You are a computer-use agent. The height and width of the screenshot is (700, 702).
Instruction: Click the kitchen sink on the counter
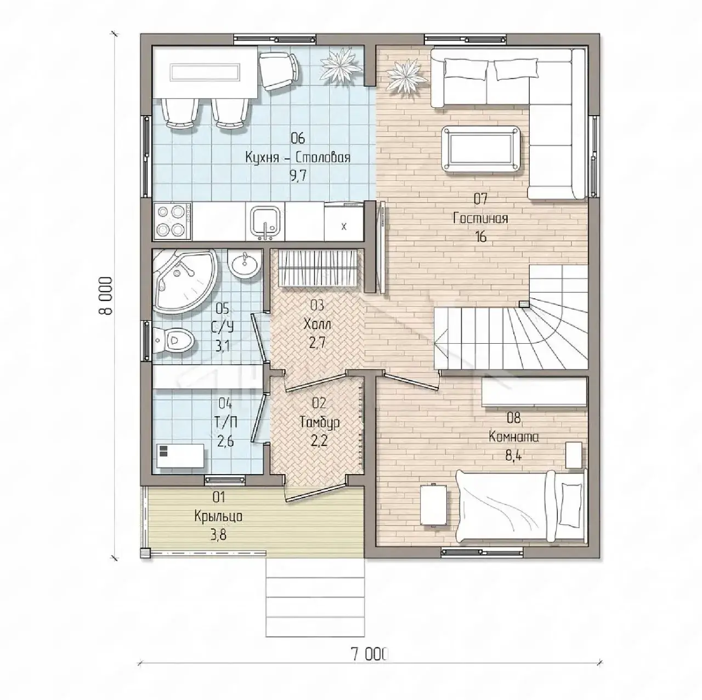tap(265, 222)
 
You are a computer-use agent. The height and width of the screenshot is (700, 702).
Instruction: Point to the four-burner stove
tap(173, 221)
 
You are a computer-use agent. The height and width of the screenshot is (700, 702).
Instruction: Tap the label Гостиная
tap(480, 219)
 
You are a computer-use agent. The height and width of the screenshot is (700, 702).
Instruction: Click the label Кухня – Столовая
tap(298, 158)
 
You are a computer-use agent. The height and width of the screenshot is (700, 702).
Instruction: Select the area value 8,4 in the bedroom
tap(513, 456)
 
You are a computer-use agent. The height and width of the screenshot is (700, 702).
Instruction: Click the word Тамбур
tap(320, 423)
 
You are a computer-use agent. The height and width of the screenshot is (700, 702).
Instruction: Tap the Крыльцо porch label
tap(218, 516)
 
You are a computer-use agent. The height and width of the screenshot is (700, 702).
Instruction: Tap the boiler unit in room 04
tap(179, 456)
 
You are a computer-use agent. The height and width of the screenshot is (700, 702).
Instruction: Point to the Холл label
tap(318, 324)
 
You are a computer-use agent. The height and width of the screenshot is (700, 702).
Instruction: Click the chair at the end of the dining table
tap(279, 71)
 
